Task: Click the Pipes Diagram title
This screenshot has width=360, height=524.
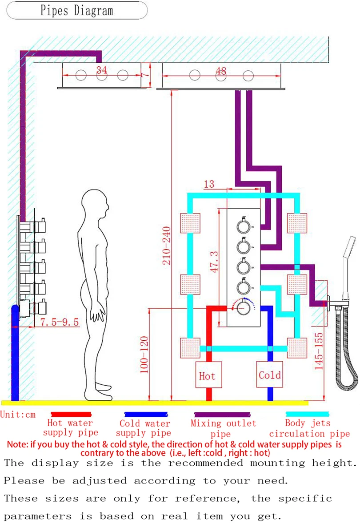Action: (x=77, y=10)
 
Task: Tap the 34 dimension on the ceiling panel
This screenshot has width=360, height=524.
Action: (x=101, y=70)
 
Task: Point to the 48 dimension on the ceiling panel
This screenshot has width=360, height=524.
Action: (x=221, y=71)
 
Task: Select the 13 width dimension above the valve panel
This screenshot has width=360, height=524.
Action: (x=209, y=184)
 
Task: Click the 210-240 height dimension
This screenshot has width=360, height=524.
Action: (x=166, y=246)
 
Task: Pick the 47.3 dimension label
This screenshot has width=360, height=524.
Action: (x=214, y=262)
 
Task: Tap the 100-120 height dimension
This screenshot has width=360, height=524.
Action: (x=144, y=355)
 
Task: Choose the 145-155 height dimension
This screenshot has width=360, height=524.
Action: (x=319, y=351)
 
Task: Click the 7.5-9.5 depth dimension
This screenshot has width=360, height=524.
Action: (x=60, y=322)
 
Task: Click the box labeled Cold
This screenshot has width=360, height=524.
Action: (x=269, y=374)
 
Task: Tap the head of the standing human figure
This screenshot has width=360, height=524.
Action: (x=95, y=205)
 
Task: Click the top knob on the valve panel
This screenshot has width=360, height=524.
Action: (x=244, y=226)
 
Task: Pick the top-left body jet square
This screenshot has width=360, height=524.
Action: (x=190, y=223)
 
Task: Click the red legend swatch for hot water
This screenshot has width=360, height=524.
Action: (x=71, y=415)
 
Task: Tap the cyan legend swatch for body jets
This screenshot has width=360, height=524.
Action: (x=307, y=415)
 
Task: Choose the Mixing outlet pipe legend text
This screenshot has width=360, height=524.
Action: (x=223, y=428)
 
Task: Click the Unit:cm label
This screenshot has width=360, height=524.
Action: (x=18, y=415)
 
